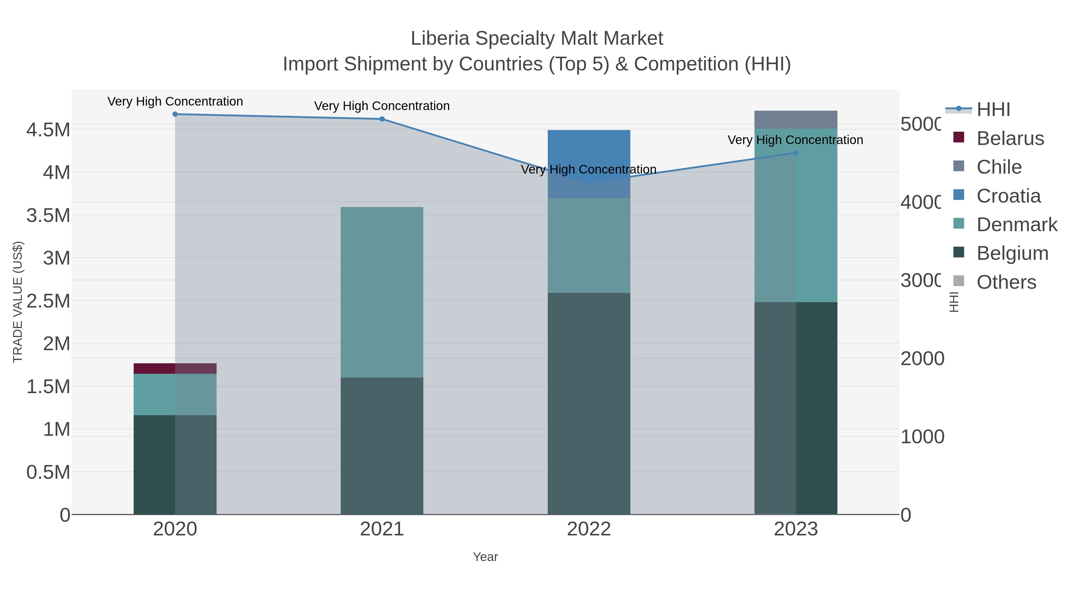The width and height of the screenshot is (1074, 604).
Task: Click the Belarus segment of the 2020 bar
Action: point(175,368)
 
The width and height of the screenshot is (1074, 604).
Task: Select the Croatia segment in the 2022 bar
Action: point(589,164)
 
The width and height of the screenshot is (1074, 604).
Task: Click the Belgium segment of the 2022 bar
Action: point(589,404)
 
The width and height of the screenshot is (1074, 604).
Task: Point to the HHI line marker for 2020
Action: point(175,114)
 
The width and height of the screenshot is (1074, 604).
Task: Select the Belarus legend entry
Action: point(1010,138)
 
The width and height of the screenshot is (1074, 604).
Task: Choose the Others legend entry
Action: point(1006,282)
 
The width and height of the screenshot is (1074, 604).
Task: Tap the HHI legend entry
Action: point(993,110)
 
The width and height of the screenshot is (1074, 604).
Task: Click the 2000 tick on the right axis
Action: point(922,359)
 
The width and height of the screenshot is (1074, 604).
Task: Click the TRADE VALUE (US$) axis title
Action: point(18,302)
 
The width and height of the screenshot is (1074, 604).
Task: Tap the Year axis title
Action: point(485,557)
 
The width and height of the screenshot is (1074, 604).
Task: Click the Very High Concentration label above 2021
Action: point(382,106)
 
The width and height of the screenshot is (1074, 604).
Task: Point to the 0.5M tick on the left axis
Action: point(48,472)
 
